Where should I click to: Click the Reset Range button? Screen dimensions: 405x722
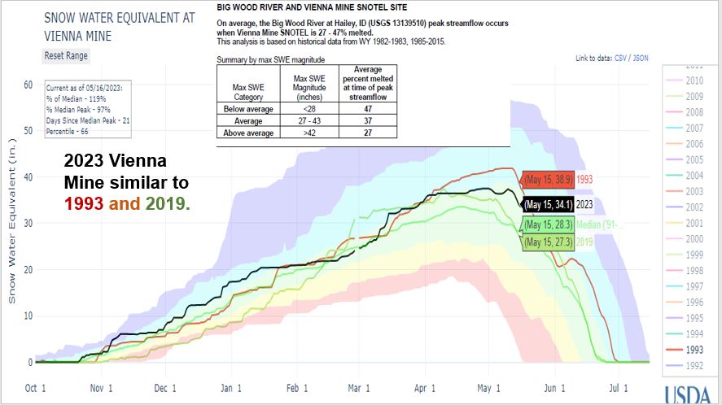67,55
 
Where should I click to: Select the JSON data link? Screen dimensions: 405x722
641,59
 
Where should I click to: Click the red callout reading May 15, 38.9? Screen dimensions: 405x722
547,178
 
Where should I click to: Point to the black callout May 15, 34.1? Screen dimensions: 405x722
547,204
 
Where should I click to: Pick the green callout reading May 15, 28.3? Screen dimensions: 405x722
547,224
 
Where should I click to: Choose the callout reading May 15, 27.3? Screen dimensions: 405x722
547,242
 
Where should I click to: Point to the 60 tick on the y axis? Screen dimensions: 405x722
27,84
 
